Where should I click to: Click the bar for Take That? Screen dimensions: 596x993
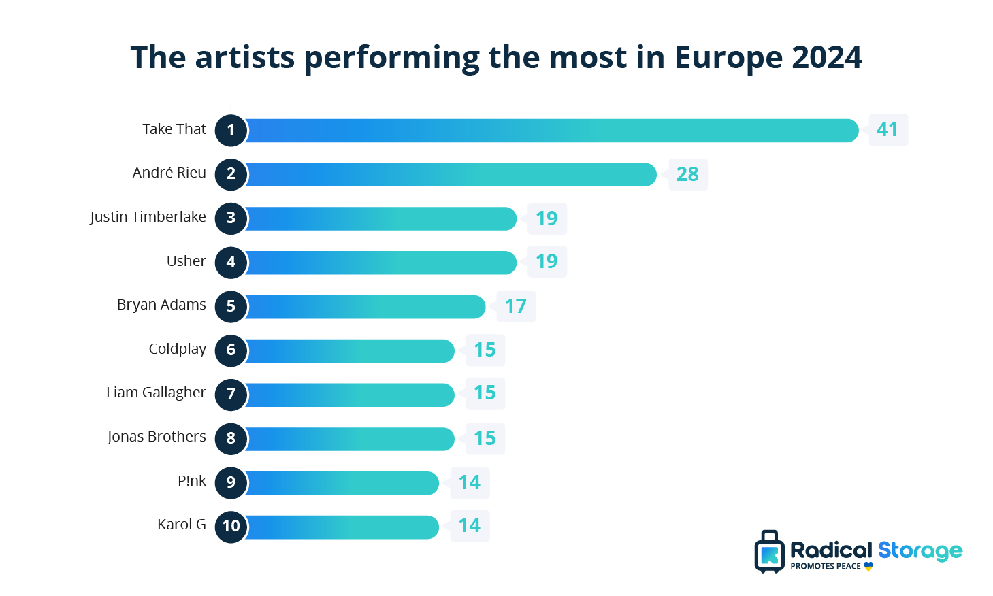[x=551, y=131]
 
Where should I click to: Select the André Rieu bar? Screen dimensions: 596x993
[x=449, y=175]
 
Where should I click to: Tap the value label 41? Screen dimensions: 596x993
[x=888, y=129]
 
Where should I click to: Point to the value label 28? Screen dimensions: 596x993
[x=687, y=174]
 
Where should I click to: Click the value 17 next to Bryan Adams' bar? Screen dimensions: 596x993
[x=515, y=306]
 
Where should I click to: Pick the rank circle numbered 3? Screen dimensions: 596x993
[x=231, y=218]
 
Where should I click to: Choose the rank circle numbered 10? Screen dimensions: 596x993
[x=231, y=526]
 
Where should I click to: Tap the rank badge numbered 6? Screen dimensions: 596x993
[x=231, y=350]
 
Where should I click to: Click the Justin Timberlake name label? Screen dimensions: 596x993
[x=148, y=217]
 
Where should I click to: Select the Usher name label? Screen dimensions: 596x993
[x=186, y=261]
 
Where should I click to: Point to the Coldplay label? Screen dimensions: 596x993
[x=177, y=349]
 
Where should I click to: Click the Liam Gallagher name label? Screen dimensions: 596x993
[x=156, y=393]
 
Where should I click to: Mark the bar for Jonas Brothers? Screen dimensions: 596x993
[x=348, y=439]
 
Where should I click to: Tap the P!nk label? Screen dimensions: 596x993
[x=191, y=481]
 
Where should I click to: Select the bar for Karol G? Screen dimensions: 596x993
[x=340, y=527]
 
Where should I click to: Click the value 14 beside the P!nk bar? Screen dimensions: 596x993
[x=469, y=482]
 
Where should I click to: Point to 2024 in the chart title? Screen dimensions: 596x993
[x=827, y=57]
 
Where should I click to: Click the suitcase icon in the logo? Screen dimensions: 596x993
[x=769, y=552]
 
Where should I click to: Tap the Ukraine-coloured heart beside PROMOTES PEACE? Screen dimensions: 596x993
[x=868, y=566]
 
